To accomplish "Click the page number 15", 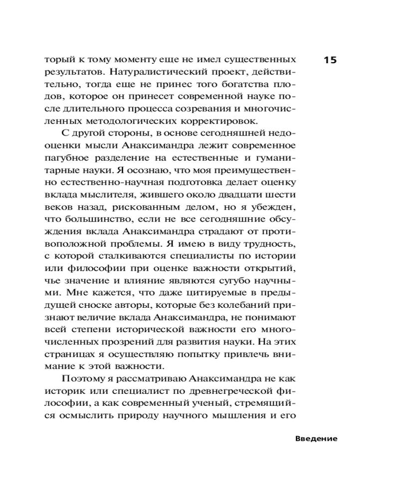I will [x=330, y=60].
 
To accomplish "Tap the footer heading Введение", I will [x=316, y=439].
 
